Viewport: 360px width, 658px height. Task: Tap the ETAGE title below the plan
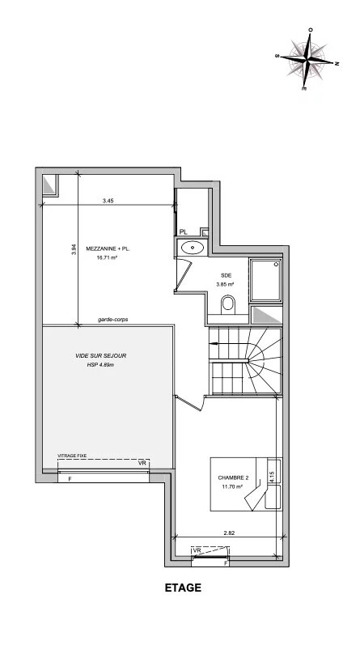pyautogui.click(x=182, y=589)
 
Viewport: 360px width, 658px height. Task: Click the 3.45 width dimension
pyautogui.click(x=108, y=198)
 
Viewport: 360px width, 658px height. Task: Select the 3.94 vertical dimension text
pyautogui.click(x=73, y=251)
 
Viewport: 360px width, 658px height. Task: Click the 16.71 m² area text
pyautogui.click(x=108, y=258)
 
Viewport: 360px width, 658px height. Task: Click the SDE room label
pyautogui.click(x=226, y=275)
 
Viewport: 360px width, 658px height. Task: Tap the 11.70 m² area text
pyautogui.click(x=231, y=487)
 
